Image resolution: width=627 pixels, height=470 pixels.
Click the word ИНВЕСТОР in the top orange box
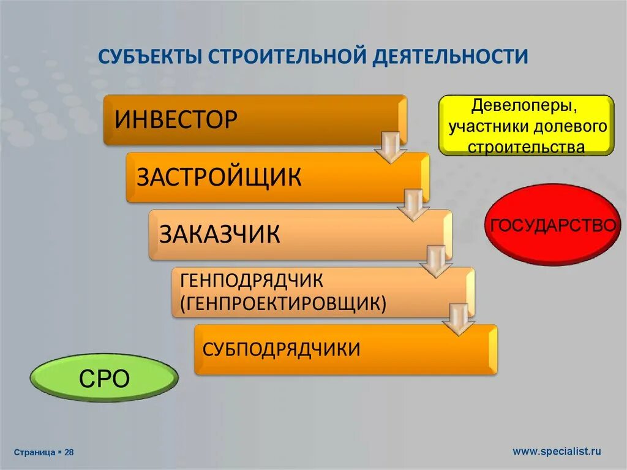pyautogui.click(x=176, y=119)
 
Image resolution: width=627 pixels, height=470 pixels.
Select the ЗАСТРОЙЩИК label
pyautogui.click(x=219, y=177)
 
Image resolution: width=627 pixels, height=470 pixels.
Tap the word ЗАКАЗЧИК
pyautogui.click(x=220, y=234)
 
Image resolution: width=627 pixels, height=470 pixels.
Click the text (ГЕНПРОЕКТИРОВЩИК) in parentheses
pyautogui.click(x=283, y=303)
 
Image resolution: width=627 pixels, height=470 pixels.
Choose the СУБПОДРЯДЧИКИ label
pyautogui.click(x=282, y=349)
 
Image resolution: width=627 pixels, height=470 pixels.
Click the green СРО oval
pyautogui.click(x=105, y=379)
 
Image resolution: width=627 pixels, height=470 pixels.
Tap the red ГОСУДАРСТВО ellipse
pyautogui.click(x=552, y=226)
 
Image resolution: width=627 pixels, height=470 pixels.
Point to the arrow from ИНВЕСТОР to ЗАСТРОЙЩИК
pyautogui.click(x=391, y=147)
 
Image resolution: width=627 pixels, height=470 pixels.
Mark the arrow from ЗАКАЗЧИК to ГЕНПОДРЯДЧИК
pyautogui.click(x=436, y=262)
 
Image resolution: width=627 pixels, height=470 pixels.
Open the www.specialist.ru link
pyautogui.click(x=557, y=452)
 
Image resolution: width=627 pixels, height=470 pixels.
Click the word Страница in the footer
pyautogui.click(x=34, y=452)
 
